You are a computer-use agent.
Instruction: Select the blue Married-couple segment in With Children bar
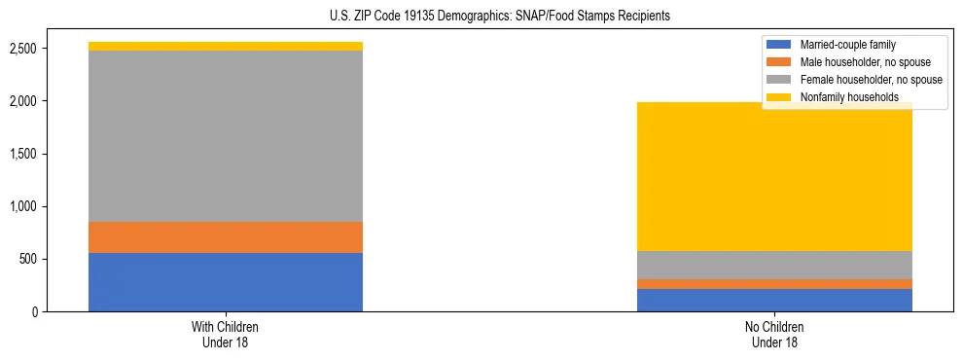[x=226, y=282]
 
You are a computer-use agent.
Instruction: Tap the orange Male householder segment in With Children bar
[x=226, y=237]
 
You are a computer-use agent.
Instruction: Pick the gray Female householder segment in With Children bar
[x=226, y=136]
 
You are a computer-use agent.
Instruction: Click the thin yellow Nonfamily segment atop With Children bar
[x=226, y=46]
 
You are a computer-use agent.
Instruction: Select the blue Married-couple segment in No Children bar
[x=774, y=300]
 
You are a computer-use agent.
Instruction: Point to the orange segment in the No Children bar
[x=774, y=284]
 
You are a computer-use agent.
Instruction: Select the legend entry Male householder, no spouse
[x=861, y=62]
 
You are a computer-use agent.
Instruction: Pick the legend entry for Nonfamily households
[x=849, y=97]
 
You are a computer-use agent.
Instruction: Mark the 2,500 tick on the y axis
[x=22, y=49]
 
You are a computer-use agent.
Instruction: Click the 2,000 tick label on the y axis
[x=22, y=101]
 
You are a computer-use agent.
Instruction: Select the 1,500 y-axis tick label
[x=22, y=154]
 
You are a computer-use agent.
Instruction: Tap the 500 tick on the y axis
[x=28, y=259]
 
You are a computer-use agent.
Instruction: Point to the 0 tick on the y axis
[x=35, y=311]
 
